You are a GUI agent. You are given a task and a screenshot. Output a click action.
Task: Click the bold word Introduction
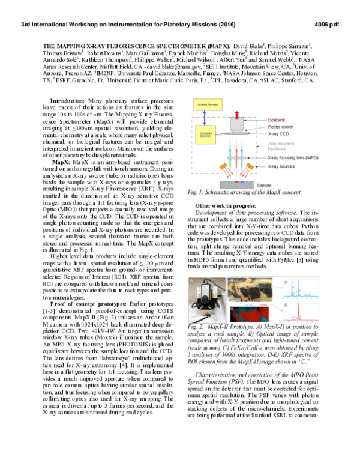(67, 101)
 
